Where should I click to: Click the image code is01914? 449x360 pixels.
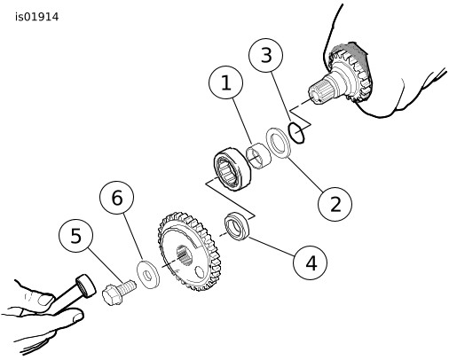coord(37,17)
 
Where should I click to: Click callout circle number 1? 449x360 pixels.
coord(226,82)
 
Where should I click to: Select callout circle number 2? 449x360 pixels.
coord(335,204)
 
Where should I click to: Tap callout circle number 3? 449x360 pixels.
coord(266,55)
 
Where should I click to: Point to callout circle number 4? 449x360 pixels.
coord(311,262)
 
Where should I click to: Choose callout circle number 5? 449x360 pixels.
coord(76,235)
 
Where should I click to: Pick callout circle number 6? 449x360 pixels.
coord(117,198)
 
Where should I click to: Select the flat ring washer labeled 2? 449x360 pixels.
coord(278,143)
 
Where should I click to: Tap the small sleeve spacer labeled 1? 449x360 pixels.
coord(258,156)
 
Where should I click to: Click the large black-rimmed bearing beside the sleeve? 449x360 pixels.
coord(232,168)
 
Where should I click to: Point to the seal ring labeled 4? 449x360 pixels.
coord(237,226)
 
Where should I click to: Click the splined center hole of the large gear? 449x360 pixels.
coord(185,254)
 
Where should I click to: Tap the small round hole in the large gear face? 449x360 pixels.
coord(200,272)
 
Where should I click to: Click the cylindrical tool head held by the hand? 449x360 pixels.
coord(86,285)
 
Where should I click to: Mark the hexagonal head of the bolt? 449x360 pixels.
coord(112,294)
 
